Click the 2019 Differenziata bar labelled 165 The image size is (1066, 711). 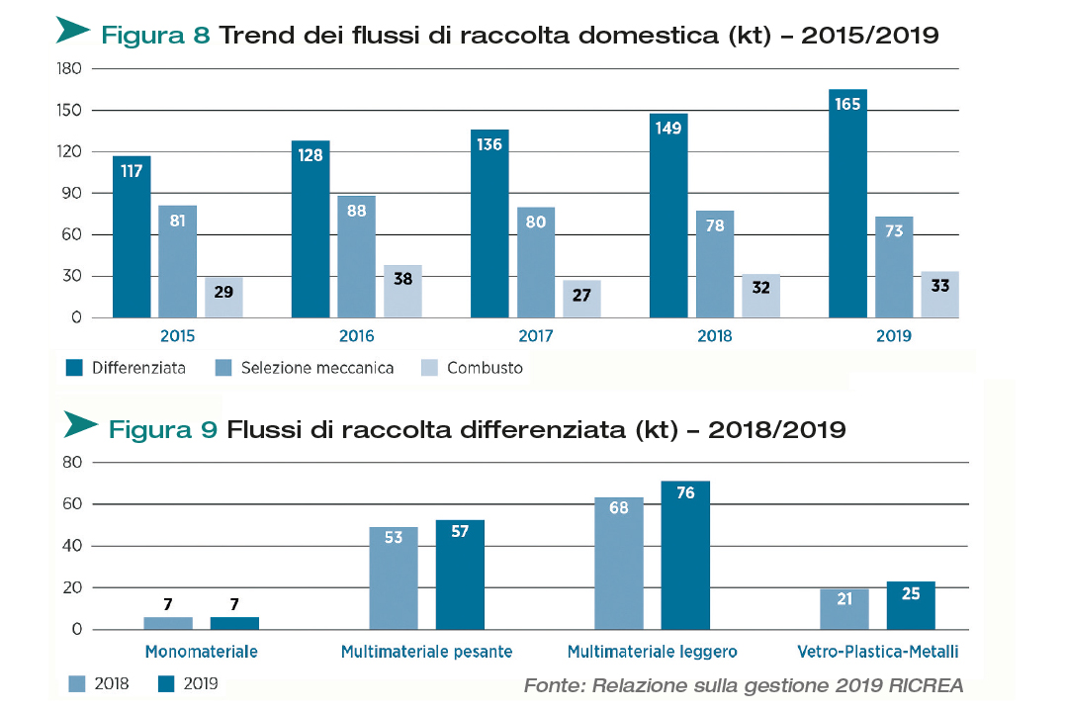(x=847, y=204)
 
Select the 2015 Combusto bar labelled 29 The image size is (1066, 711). (x=223, y=297)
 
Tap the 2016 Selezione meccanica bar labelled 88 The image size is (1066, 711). (x=356, y=256)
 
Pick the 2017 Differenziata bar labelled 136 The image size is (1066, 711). (x=489, y=223)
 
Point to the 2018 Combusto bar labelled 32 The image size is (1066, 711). (x=761, y=296)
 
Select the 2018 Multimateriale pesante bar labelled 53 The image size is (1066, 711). (x=394, y=578)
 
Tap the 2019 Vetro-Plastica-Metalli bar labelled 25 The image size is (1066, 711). (x=911, y=605)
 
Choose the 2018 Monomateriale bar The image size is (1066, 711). (x=168, y=623)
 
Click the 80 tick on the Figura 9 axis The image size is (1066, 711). (x=71, y=462)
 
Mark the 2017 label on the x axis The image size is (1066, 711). (x=535, y=336)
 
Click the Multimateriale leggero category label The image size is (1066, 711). (x=653, y=652)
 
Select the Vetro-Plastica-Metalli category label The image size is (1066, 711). (x=878, y=652)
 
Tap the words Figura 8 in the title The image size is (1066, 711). (x=155, y=36)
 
